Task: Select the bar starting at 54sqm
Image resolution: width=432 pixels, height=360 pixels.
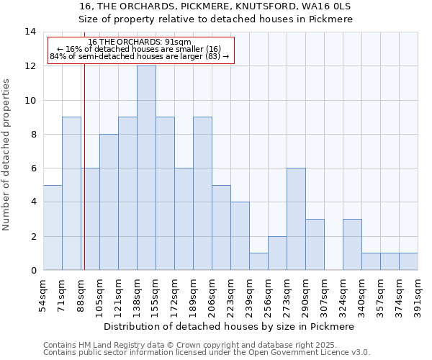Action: point(53,228)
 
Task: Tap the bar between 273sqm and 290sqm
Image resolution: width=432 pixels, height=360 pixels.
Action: point(296,219)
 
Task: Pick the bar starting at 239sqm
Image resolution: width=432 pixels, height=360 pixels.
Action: point(258,261)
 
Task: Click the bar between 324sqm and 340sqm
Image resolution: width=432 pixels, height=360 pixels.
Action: point(352,245)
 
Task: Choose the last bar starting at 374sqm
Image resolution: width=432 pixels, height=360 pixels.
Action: point(408,261)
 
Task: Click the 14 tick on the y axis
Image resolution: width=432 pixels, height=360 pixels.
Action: point(31,32)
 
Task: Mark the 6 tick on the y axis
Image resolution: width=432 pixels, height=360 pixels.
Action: point(33,168)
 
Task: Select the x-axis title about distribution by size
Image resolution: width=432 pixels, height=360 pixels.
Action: point(229,326)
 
